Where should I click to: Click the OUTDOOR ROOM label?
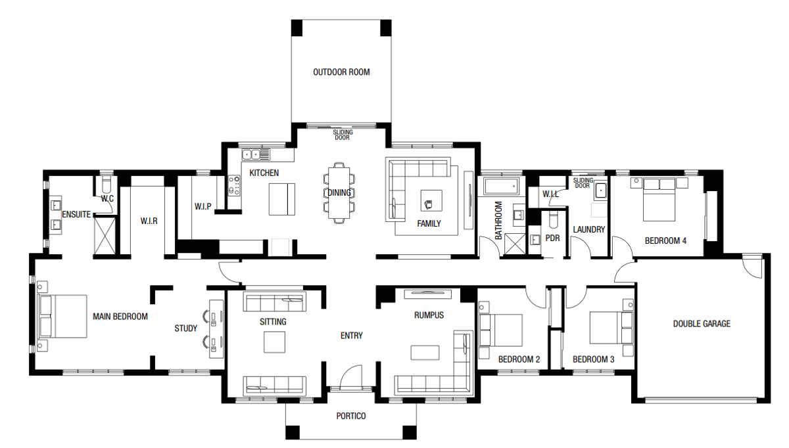(x=341, y=72)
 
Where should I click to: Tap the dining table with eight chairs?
(x=339, y=192)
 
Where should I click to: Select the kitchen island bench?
(x=282, y=198)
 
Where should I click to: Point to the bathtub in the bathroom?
(x=502, y=187)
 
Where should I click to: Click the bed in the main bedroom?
(x=63, y=316)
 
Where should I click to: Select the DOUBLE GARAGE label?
(x=702, y=323)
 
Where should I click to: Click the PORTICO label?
(x=350, y=416)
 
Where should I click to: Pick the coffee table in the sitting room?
(x=274, y=342)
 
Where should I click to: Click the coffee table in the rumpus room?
(x=425, y=353)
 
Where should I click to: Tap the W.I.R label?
(x=149, y=221)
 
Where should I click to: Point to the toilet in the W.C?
(x=107, y=182)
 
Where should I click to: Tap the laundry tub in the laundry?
(x=601, y=190)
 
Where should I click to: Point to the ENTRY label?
(x=352, y=336)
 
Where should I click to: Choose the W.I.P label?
(x=203, y=206)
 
